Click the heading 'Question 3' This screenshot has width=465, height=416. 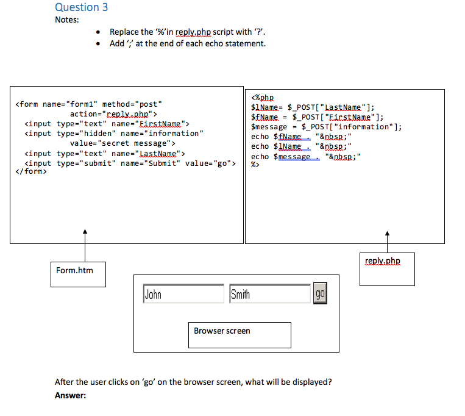click(82, 7)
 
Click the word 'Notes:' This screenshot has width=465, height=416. click(66, 20)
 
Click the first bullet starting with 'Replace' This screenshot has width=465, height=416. click(187, 32)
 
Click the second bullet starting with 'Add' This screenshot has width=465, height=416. click(187, 43)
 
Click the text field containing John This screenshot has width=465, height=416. click(183, 294)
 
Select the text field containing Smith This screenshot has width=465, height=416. click(270, 294)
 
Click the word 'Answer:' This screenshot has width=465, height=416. click(70, 395)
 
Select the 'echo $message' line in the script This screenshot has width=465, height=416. click(306, 157)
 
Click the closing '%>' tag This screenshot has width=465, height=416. click(255, 166)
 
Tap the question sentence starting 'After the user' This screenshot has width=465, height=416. click(193, 382)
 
